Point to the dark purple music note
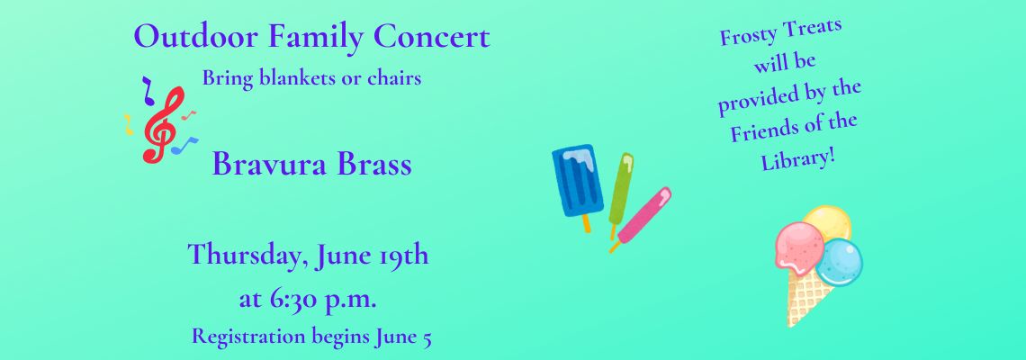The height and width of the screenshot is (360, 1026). point(148,90)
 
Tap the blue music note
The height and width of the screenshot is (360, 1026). point(184,145)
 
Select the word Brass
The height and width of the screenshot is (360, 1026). point(374,165)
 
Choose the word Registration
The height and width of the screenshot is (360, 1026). point(248,337)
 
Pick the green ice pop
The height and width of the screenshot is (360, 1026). point(620,194)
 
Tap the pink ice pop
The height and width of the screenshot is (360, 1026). point(640,219)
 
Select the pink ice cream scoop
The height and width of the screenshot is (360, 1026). point(799,247)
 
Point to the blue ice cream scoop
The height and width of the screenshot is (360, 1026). point(840,263)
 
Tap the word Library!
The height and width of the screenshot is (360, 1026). point(799,159)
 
